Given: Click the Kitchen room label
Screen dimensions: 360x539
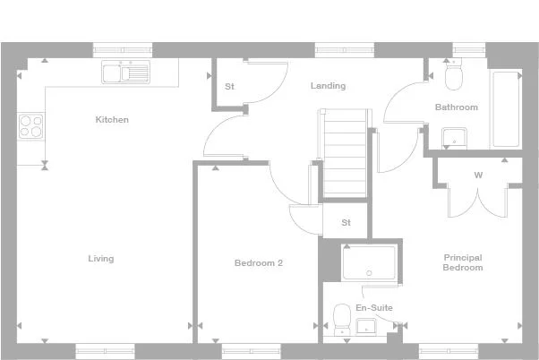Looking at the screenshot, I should pyautogui.click(x=113, y=119).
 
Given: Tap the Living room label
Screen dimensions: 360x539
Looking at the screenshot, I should pyautogui.click(x=100, y=259).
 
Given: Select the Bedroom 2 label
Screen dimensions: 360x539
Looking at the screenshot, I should pyautogui.click(x=259, y=263).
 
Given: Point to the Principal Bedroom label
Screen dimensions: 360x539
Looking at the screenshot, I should pyautogui.click(x=463, y=262).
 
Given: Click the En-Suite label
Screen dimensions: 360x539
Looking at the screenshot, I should pyautogui.click(x=373, y=308).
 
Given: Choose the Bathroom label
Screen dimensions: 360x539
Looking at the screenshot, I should pyautogui.click(x=457, y=107).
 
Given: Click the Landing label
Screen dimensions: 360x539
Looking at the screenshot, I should pyautogui.click(x=328, y=86).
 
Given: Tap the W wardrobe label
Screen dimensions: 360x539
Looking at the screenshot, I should pyautogui.click(x=478, y=175).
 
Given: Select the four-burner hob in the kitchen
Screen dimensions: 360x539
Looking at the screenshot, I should pyautogui.click(x=30, y=126).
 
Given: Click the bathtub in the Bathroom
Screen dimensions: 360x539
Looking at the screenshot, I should pyautogui.click(x=506, y=109).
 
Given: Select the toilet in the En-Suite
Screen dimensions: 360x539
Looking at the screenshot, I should pyautogui.click(x=341, y=318).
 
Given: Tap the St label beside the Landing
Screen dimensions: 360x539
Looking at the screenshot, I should pyautogui.click(x=229, y=87).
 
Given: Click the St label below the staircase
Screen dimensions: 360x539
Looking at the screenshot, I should pyautogui.click(x=346, y=222).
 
